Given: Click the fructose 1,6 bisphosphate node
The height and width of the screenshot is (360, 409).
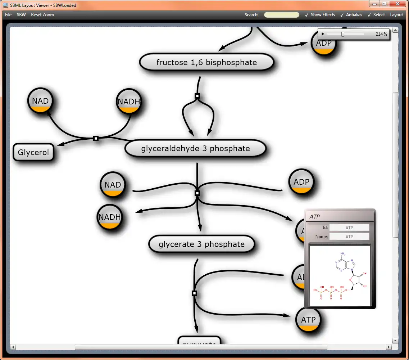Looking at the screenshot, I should coord(206,63).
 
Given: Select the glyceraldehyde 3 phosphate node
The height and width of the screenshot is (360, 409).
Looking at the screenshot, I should coord(195,149).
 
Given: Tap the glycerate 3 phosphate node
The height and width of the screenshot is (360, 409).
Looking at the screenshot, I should coord(201,244).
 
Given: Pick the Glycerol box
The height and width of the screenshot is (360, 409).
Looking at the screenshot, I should coord(33,152).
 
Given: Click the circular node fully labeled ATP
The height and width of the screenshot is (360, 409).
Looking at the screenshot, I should coord(308,320).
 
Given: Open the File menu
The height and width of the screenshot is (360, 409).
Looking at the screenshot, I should coord(8,15).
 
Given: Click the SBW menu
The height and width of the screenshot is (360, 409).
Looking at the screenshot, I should coord(21,15).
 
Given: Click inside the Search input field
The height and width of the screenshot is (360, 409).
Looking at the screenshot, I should coord(282,15).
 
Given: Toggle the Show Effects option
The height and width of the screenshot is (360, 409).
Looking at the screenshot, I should coord(320,15).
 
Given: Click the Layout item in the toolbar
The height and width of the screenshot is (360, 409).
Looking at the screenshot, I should coord(396,15).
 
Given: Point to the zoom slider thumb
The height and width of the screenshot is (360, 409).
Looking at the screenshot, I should coord(343,34).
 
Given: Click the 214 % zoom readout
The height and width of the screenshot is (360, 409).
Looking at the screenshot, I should coord(381,34).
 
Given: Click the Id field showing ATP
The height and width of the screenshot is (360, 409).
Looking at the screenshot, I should coord(349,228).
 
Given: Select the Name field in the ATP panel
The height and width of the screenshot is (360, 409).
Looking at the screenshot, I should coord(349,237).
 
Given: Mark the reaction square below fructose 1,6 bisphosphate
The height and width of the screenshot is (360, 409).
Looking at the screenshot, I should coord(197,96).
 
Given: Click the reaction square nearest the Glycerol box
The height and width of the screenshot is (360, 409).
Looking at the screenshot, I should coord(96,138).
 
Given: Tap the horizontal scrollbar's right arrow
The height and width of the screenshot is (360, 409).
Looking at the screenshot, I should coord(388,347).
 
